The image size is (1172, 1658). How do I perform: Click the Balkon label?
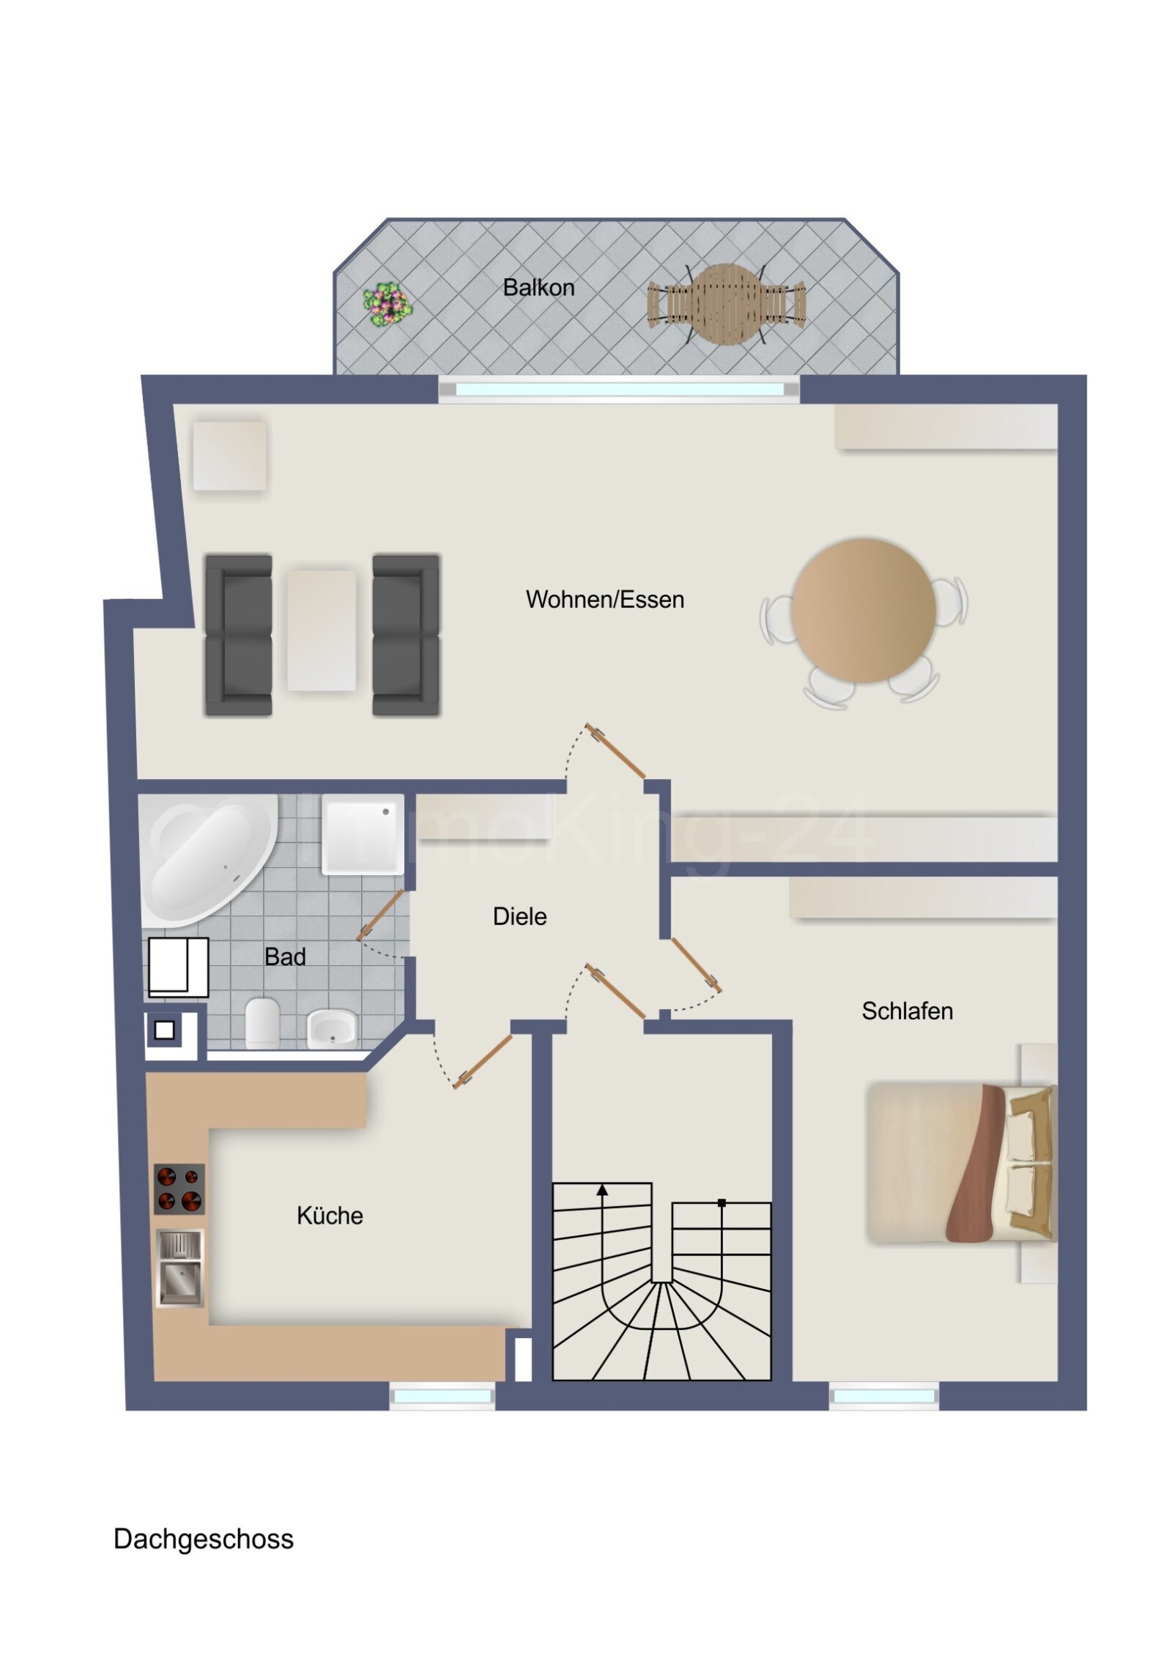click(538, 288)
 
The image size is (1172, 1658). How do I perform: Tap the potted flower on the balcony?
click(387, 303)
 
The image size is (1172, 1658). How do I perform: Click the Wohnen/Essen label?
click(604, 600)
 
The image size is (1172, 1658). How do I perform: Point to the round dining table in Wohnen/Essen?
click(863, 610)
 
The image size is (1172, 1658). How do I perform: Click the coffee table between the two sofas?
click(321, 630)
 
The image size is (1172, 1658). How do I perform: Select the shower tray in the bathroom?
click(363, 835)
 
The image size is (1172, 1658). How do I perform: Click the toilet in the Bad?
click(262, 1021)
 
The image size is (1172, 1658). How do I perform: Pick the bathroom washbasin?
click(332, 1027)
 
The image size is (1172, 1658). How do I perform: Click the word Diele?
click(519, 916)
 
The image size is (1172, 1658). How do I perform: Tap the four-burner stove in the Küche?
click(179, 1189)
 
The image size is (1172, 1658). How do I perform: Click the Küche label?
click(330, 1216)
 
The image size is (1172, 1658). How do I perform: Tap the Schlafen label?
click(907, 1011)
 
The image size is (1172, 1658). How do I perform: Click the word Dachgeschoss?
click(204, 1539)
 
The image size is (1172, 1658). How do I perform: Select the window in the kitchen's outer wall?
click(442, 1397)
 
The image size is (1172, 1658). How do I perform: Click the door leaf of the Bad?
click(381, 915)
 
